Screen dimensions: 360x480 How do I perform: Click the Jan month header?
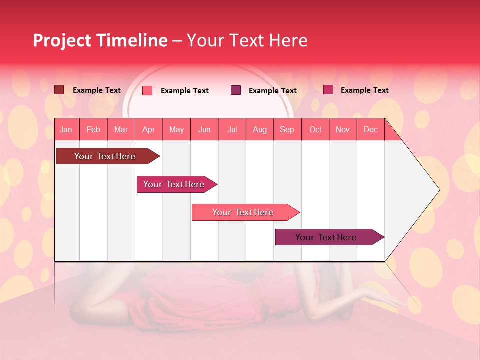66,129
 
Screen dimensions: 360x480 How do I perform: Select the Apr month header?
149,129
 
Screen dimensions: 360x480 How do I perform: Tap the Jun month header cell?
204,129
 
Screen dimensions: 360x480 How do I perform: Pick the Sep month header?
287,129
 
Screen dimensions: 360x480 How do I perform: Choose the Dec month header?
370,129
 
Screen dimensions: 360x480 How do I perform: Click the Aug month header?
259,129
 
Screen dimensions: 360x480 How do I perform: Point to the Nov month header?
343,129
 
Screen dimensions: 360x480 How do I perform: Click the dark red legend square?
59,90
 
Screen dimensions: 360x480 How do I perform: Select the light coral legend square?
147,90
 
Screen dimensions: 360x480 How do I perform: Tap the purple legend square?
236,90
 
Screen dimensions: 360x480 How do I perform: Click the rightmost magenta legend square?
328,90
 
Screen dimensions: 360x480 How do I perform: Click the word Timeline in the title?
131,40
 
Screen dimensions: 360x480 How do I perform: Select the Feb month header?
93,129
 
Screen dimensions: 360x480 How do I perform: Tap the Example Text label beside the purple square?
272,91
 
